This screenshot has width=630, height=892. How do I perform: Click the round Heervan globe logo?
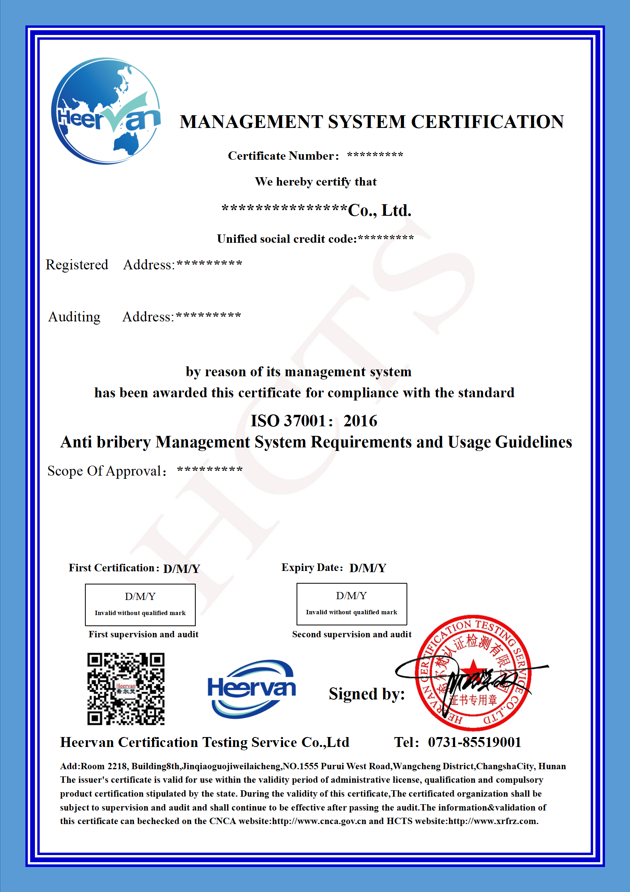[106, 111]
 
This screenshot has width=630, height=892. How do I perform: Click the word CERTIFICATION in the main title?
[487, 122]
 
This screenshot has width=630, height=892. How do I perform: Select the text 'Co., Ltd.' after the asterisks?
[379, 210]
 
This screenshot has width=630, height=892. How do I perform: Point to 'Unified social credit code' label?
[287, 239]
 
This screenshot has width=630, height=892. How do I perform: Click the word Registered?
[77, 265]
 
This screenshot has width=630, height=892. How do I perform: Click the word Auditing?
[74, 317]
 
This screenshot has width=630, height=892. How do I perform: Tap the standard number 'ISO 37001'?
[288, 421]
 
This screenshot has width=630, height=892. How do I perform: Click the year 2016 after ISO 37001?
[360, 421]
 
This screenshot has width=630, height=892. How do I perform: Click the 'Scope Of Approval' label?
[105, 471]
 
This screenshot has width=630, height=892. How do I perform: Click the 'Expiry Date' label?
[312, 567]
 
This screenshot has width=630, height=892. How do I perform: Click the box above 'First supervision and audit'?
[140, 604]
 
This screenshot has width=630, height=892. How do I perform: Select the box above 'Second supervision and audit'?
[352, 604]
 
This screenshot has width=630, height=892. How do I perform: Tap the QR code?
[126, 689]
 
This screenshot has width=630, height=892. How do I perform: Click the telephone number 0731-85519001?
[474, 742]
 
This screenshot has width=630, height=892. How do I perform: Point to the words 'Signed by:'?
[366, 694]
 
